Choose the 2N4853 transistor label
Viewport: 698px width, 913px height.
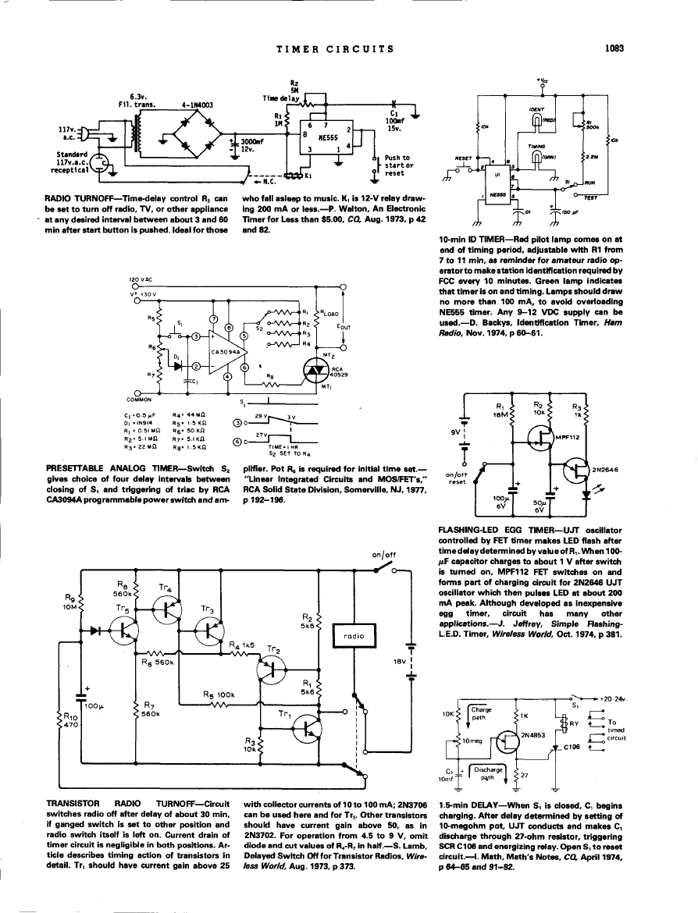[x=531, y=734]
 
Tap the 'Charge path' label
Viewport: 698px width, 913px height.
[x=482, y=713]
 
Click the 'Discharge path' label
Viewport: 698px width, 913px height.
[x=485, y=773]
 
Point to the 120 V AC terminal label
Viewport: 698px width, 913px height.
[x=144, y=280]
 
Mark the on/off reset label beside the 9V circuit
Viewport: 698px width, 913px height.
[x=456, y=477]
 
